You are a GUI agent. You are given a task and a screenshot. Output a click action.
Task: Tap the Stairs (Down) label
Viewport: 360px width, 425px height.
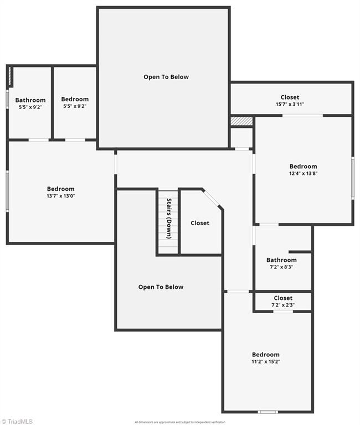point(169,219)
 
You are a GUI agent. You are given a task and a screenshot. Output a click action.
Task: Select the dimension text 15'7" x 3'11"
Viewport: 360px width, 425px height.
point(290,104)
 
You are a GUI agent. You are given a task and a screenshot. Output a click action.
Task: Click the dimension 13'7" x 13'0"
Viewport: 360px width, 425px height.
point(60,195)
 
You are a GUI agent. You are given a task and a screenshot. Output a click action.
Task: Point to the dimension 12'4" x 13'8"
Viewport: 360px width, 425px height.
point(303,173)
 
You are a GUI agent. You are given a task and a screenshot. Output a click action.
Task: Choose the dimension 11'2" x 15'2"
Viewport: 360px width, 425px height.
point(266,361)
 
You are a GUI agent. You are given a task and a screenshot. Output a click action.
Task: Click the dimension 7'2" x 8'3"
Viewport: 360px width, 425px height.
point(281,267)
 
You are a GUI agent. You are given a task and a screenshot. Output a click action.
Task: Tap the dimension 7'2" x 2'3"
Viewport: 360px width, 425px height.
point(283,305)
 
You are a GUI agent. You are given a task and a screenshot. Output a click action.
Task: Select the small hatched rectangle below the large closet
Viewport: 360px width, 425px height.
point(241,121)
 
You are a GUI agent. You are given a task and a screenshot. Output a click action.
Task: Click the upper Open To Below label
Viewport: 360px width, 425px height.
point(166,77)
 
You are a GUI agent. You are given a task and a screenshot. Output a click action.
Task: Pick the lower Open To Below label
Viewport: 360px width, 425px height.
point(161,287)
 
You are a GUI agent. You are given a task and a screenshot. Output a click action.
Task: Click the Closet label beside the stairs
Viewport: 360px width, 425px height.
point(200,223)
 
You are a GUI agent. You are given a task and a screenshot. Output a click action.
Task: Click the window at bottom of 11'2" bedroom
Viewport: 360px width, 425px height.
point(268,412)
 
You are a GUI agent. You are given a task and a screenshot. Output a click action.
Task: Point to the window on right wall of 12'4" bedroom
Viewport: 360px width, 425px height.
point(352,177)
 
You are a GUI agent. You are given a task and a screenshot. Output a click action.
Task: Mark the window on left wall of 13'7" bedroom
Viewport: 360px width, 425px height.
point(7,191)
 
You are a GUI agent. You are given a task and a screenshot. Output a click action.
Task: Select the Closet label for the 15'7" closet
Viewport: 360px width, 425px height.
point(290,97)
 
